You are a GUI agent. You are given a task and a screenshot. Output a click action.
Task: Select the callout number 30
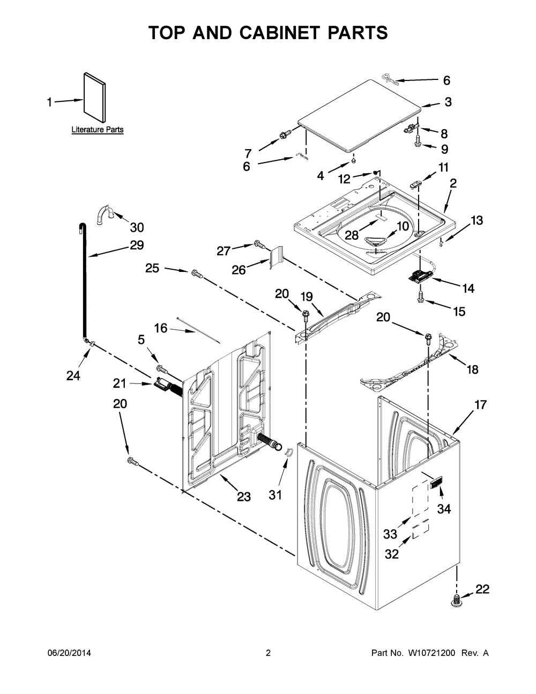(137, 228)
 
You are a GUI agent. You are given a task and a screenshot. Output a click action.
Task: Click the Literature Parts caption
(98, 130)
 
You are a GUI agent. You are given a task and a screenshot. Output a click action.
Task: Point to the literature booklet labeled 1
(94, 98)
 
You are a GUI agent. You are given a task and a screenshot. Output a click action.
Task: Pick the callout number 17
(480, 405)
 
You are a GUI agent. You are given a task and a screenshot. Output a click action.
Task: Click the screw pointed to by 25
(197, 274)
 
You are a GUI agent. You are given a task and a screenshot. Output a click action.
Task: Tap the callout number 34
(444, 509)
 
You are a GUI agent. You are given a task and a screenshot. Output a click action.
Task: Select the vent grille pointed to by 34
(436, 489)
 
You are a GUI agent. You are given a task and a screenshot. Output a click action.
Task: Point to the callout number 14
(468, 289)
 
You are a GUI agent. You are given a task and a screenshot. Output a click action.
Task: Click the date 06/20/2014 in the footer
(69, 653)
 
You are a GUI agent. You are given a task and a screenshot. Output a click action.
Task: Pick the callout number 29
(137, 245)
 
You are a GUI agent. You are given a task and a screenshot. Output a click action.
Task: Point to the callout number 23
(244, 497)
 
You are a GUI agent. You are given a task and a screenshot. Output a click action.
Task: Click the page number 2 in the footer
(268, 653)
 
